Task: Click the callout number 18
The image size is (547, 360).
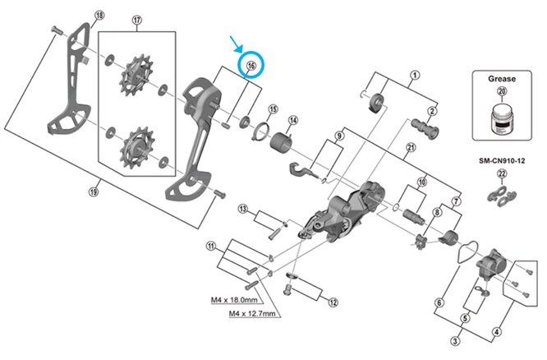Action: click(100, 16)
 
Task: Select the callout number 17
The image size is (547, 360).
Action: click(137, 20)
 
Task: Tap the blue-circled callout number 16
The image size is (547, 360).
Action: click(251, 65)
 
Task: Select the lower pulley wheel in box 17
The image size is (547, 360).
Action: click(131, 148)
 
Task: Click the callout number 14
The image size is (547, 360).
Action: click(292, 121)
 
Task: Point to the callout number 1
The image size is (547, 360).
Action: click(415, 76)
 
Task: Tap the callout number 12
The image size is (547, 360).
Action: click(333, 302)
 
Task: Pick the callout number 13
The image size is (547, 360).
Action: click(243, 210)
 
